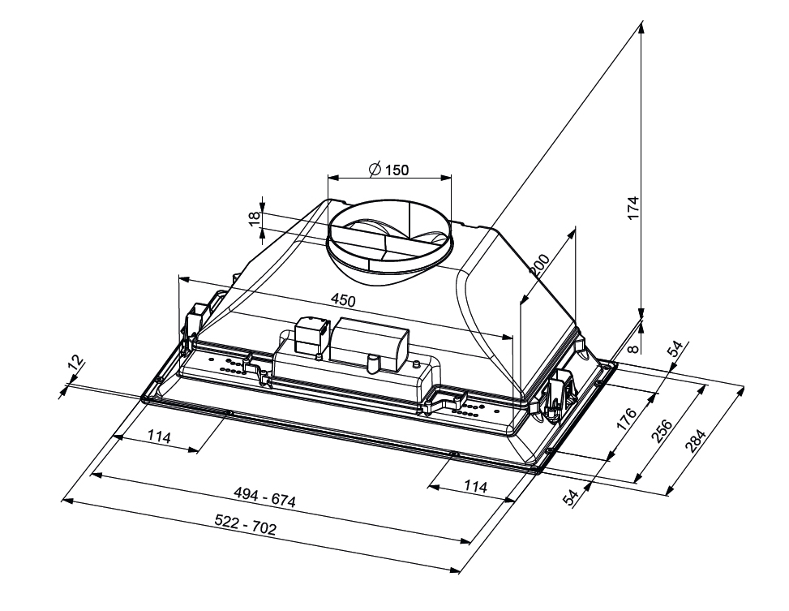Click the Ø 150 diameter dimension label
coord(388,170)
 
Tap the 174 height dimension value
coord(633,208)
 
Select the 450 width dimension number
coord(343,301)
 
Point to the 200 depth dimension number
coord(540,265)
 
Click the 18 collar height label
coord(255,218)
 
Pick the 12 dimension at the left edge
coord(75,364)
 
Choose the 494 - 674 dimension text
coord(264,497)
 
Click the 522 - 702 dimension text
coord(246,525)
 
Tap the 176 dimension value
coord(627,418)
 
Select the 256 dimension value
coord(663,431)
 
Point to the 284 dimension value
coord(697,441)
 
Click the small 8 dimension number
coord(634,347)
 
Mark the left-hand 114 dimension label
coord(160,437)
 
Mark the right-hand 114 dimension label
coord(475,486)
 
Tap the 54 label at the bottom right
coord(571,498)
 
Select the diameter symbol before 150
coord(375,170)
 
